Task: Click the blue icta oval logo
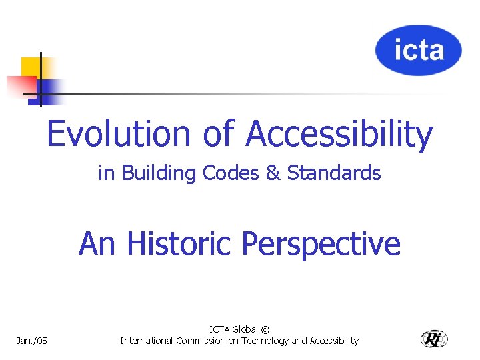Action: (418, 51)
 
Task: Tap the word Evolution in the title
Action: (119, 133)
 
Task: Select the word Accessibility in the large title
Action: (339, 134)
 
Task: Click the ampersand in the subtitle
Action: (273, 173)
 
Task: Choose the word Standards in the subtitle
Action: (334, 173)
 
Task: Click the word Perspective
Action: (321, 244)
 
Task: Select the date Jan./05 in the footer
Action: (32, 341)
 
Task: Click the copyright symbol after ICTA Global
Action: (265, 330)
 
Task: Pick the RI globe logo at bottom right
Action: (435, 339)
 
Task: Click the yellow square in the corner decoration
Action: (30, 67)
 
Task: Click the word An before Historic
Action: (97, 243)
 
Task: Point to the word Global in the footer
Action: (244, 330)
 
